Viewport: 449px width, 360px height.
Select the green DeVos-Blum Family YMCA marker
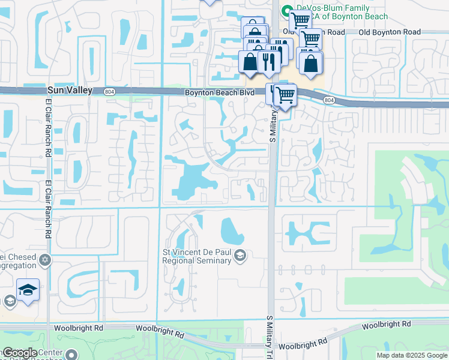tap(286, 10)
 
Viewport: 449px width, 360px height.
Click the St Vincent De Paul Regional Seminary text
tap(197, 256)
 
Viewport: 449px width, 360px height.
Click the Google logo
tap(20, 353)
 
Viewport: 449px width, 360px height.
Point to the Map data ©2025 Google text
tap(412, 355)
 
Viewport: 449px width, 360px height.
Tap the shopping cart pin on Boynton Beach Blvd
tap(286, 94)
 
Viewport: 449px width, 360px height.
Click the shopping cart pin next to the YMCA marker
tap(300, 20)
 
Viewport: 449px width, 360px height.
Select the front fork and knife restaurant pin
tap(267, 61)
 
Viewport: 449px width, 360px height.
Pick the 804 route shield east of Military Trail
tap(328, 100)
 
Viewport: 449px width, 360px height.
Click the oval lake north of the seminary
tap(229, 230)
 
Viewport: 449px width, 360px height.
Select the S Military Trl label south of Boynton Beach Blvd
tap(272, 125)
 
